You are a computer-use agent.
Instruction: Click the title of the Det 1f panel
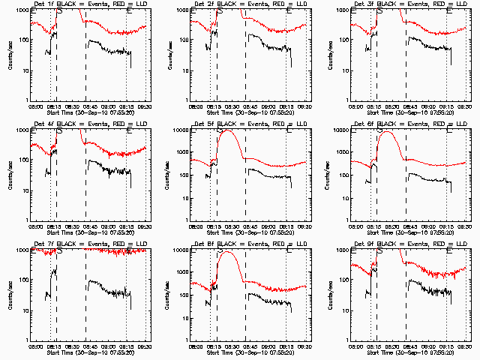click(x=91, y=4)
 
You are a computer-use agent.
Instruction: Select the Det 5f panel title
click(x=250, y=124)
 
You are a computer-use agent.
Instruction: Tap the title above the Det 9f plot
click(x=410, y=244)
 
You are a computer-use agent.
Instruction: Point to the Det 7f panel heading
click(x=91, y=244)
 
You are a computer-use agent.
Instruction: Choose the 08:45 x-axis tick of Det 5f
click(x=250, y=226)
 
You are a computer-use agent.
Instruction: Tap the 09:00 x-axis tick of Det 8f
click(x=268, y=346)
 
